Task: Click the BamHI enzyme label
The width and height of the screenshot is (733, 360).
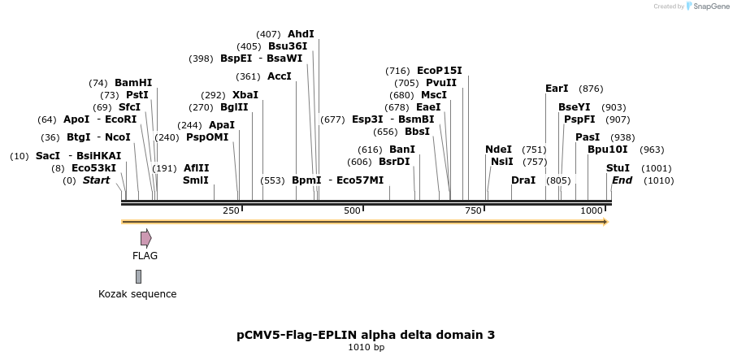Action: point(133,83)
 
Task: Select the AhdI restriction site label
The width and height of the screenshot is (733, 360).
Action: point(301,34)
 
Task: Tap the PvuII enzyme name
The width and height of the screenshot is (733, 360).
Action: point(441,83)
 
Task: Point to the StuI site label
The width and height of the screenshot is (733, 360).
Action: point(618,168)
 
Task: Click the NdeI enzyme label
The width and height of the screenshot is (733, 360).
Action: point(498,150)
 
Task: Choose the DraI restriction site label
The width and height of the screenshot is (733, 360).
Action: point(523,180)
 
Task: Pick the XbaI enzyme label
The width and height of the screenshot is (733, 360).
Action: point(245,95)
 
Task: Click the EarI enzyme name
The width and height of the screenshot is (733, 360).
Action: point(557,89)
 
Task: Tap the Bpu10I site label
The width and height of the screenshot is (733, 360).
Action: point(607,150)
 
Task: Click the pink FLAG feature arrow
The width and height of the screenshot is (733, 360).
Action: point(145,238)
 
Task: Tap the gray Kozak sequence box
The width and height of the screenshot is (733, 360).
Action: point(139,276)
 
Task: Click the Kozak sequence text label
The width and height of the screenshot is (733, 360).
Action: point(137,294)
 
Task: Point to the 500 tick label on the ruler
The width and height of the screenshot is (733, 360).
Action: point(352,210)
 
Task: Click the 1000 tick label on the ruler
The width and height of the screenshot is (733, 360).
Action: point(591,210)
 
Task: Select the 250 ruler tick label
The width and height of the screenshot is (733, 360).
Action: point(231,210)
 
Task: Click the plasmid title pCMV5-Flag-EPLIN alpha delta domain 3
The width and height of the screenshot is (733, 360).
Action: point(366,335)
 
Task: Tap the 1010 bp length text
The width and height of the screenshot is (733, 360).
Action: point(366,348)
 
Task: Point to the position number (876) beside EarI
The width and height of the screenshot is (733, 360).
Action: point(591,89)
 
